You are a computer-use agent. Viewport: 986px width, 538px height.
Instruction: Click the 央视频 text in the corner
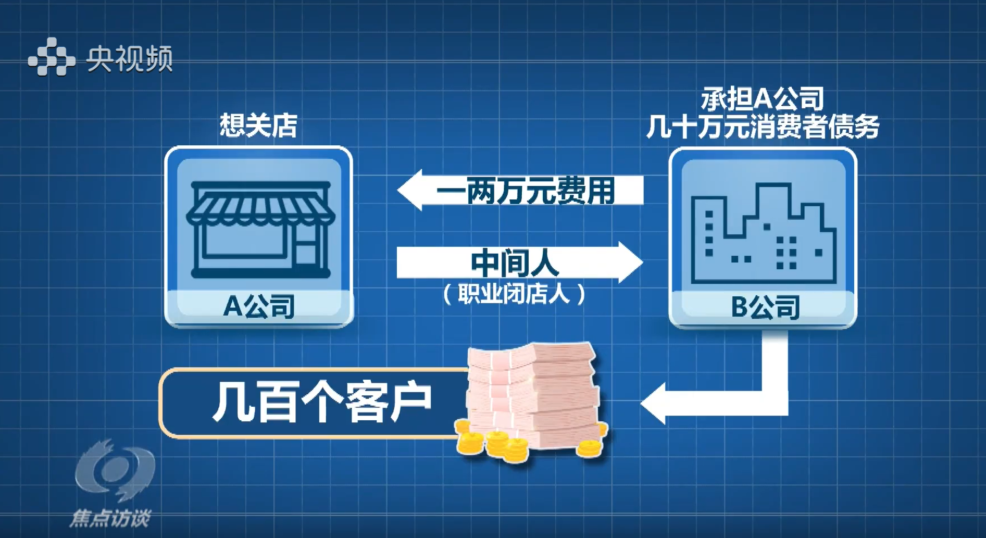(x=129, y=58)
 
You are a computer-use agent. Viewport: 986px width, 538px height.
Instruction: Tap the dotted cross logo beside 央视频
(x=51, y=57)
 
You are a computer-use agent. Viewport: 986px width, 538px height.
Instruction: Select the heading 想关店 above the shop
(x=258, y=126)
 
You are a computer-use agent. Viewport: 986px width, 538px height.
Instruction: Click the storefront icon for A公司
(x=259, y=229)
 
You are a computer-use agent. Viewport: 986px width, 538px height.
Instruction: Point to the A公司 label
(x=259, y=306)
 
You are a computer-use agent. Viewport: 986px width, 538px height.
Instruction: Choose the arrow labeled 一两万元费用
(x=521, y=190)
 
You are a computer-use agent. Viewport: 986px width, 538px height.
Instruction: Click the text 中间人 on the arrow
(x=515, y=262)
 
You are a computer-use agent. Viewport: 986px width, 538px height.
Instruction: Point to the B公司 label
(x=765, y=307)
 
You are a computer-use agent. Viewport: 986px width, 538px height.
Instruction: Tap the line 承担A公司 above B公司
(x=763, y=99)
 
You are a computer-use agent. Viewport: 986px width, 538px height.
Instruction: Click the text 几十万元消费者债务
(x=763, y=127)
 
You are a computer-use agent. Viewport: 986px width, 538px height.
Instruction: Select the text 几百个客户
(x=322, y=402)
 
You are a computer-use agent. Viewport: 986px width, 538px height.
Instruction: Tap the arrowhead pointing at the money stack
(x=654, y=403)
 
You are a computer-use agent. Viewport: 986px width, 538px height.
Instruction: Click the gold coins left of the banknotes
(x=490, y=443)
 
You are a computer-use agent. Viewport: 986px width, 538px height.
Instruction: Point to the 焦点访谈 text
(x=110, y=518)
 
